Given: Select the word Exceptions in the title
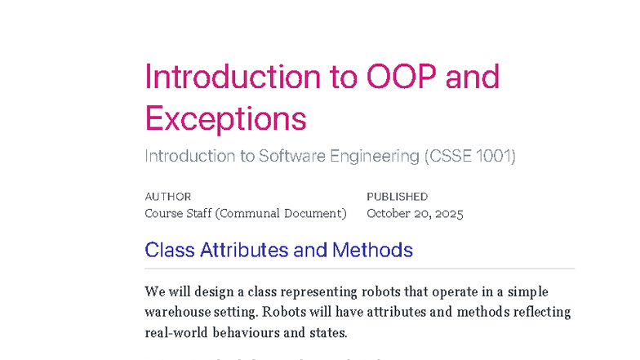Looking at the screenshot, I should point(225,119).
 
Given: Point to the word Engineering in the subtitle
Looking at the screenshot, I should point(376,156).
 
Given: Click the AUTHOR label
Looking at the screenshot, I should point(167,197).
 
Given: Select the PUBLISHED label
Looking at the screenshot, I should point(397,197).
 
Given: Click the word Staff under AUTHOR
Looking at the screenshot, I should point(200,214).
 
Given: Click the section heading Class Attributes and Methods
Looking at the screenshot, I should point(278,250).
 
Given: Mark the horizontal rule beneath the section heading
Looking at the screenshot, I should point(359,268).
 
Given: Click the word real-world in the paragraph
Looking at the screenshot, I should point(177,333).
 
